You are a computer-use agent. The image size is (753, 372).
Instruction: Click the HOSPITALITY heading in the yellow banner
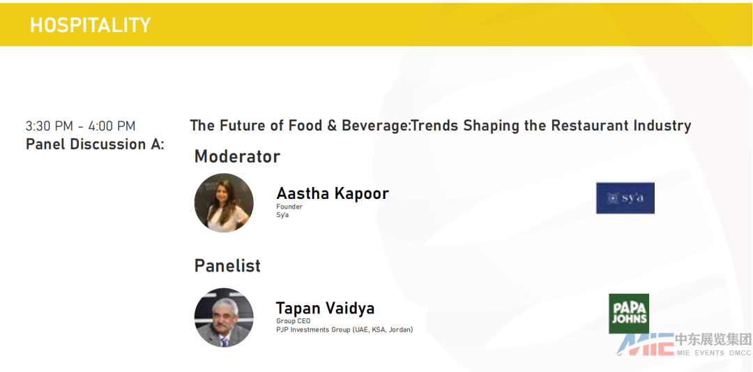pyautogui.click(x=90, y=25)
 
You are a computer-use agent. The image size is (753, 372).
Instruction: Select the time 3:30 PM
pyautogui.click(x=49, y=126)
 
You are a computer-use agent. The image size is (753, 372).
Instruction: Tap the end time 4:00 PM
pyautogui.click(x=112, y=126)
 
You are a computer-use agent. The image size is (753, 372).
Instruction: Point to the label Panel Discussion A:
pyautogui.click(x=95, y=144)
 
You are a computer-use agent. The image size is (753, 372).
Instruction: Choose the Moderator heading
pyautogui.click(x=237, y=156)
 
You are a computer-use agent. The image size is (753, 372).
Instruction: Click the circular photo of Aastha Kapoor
pyautogui.click(x=224, y=203)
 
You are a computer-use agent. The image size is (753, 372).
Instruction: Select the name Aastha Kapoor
pyautogui.click(x=333, y=193)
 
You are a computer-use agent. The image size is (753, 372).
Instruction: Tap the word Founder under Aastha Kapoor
pyautogui.click(x=289, y=207)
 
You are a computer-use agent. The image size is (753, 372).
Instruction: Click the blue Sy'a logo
pyautogui.click(x=625, y=198)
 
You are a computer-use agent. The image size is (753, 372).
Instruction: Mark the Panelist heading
pyautogui.click(x=227, y=266)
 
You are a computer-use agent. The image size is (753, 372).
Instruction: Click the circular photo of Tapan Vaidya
pyautogui.click(x=224, y=318)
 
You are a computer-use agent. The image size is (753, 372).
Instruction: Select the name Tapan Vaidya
pyautogui.click(x=325, y=308)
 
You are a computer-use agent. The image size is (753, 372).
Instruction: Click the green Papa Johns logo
pyautogui.click(x=629, y=313)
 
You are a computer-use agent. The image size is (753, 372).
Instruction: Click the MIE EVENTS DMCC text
pyautogui.click(x=714, y=352)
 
